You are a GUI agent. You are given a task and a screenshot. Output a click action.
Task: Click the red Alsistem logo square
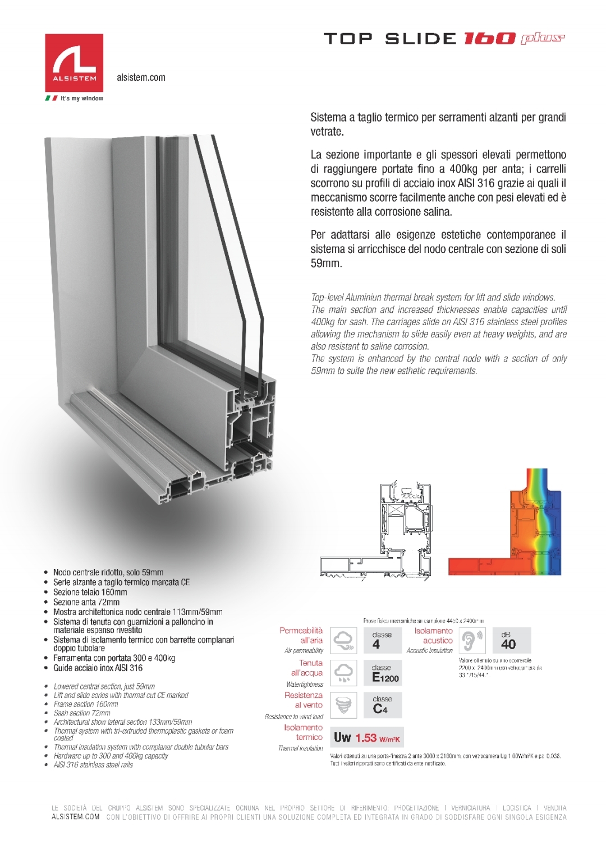point(74,62)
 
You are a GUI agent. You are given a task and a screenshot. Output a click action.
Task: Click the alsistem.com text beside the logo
point(141,78)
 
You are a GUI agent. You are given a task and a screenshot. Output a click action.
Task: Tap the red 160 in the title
point(489,39)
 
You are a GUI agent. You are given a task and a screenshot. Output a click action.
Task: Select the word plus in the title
point(543,38)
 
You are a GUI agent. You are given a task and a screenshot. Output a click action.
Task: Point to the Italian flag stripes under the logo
point(51,99)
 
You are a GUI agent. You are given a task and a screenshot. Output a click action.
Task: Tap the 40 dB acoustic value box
point(511,640)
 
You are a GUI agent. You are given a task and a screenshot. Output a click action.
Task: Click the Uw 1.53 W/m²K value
point(366,738)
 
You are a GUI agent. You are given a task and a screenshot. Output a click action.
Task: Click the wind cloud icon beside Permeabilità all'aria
point(343,640)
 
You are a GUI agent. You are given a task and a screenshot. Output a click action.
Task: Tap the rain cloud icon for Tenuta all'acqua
point(343,673)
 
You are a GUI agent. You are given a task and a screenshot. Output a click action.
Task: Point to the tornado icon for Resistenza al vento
point(343,705)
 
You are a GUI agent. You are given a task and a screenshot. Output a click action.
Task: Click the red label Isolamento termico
point(304,732)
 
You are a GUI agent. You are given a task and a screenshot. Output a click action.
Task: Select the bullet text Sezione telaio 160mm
point(90,592)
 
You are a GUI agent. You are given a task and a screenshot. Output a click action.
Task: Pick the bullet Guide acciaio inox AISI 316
point(98,668)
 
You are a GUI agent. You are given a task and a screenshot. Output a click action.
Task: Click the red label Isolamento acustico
point(433,635)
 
